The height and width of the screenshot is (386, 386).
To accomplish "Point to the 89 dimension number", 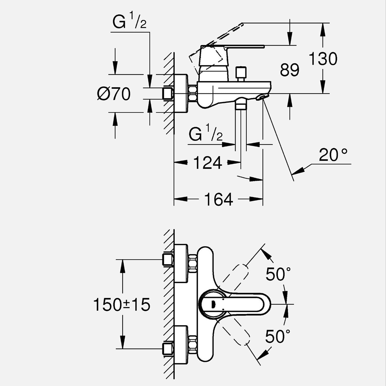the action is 289,70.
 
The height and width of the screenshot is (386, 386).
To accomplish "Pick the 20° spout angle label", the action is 333,155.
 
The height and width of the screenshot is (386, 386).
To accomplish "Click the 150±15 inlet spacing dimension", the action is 122,305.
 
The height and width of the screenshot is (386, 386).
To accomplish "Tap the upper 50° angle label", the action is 278,274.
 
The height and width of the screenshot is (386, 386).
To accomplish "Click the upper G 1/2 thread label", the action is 129,22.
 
